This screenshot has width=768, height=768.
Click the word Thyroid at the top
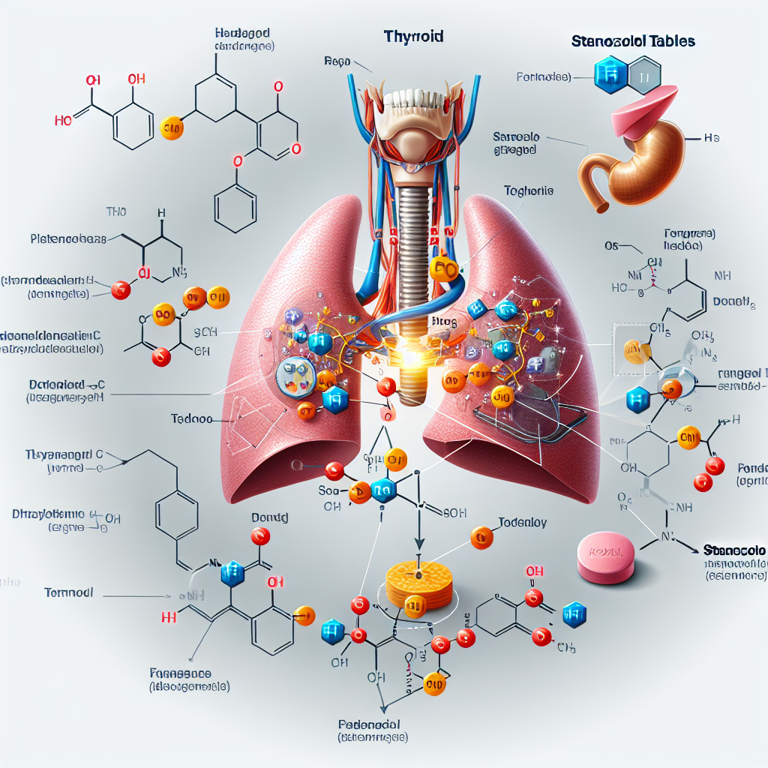(x=413, y=35)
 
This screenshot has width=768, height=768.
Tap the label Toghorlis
(x=529, y=191)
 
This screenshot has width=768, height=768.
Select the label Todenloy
(x=522, y=522)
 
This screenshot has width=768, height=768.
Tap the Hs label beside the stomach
(x=712, y=139)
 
